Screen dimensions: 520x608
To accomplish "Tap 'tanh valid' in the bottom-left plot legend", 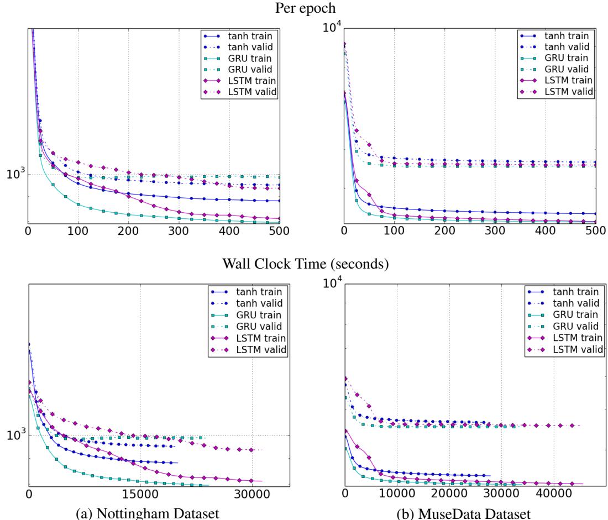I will [x=264, y=304].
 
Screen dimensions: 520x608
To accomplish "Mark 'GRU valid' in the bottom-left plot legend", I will [x=264, y=327].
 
